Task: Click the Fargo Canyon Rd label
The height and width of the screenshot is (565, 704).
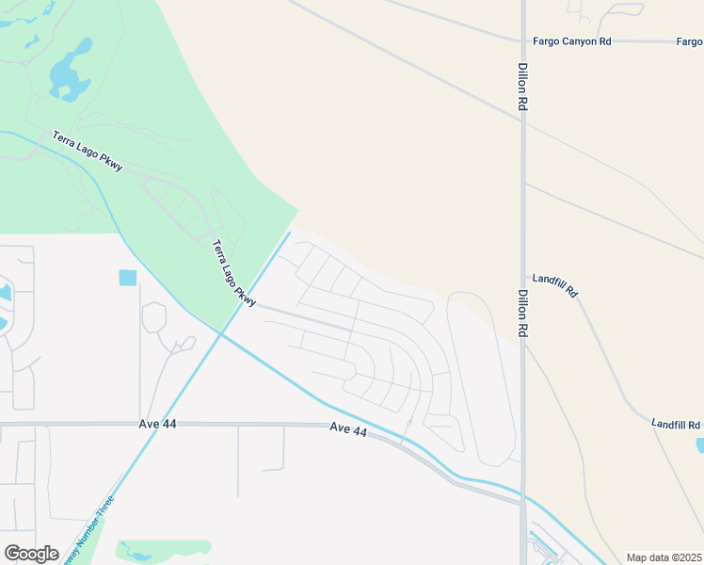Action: (x=571, y=41)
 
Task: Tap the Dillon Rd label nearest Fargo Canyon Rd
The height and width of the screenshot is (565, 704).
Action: (x=520, y=89)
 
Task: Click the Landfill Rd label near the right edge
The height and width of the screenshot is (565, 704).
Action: (x=676, y=425)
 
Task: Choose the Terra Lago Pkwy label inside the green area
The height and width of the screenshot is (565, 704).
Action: (x=88, y=151)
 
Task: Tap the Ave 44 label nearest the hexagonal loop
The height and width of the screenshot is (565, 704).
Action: (x=156, y=425)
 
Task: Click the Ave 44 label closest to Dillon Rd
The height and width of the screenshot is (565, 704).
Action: (x=348, y=429)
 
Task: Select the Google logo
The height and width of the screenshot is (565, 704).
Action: (x=31, y=554)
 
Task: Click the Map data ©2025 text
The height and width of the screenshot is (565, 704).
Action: (x=663, y=557)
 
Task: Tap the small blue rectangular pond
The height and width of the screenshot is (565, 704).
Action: (x=127, y=278)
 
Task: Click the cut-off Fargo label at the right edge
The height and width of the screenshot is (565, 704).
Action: (x=689, y=41)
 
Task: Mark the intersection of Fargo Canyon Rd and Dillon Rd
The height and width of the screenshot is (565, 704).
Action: (x=523, y=41)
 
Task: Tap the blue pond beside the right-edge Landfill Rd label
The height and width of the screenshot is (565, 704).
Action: (x=699, y=444)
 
